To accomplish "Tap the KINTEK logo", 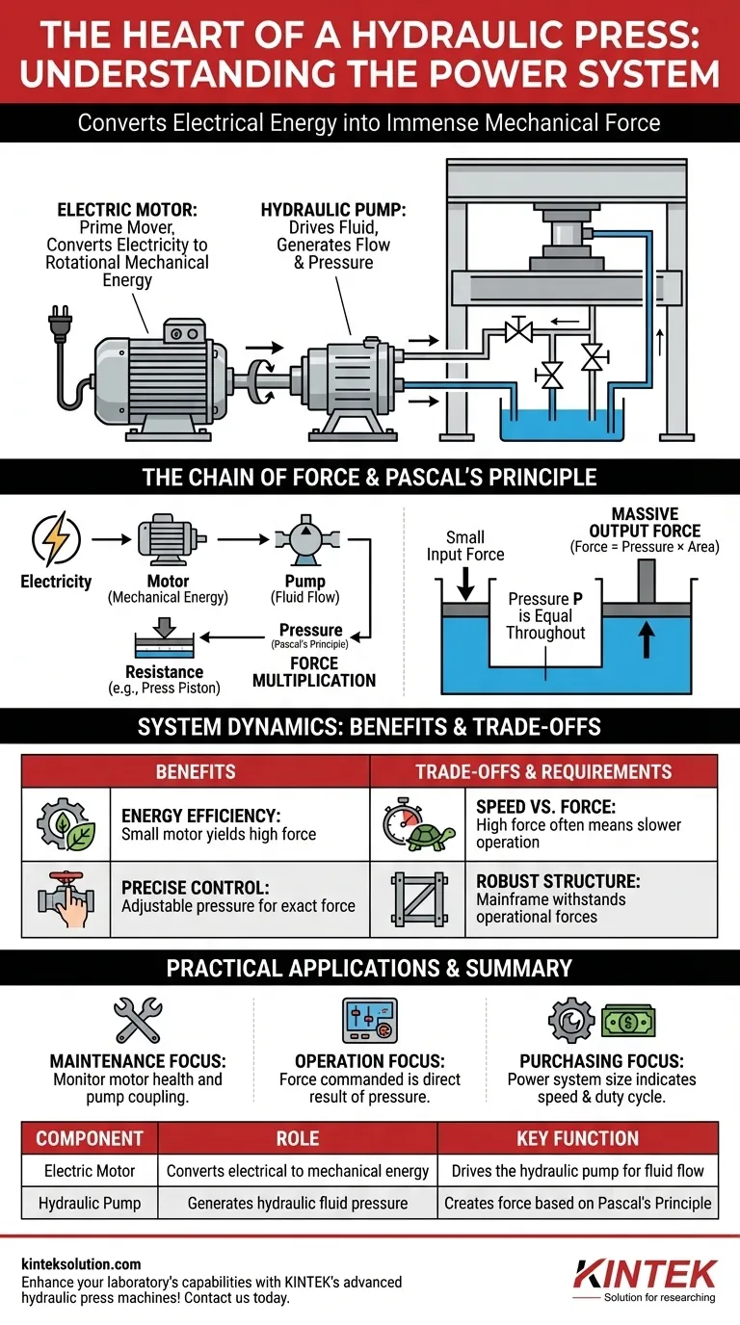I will click(x=645, y=1274).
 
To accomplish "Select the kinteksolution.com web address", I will click(x=80, y=1263).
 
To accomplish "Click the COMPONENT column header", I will click(x=90, y=1139).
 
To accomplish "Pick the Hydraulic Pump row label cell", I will click(x=90, y=1203).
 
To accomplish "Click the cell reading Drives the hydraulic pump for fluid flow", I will click(x=577, y=1171).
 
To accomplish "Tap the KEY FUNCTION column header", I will click(x=577, y=1139).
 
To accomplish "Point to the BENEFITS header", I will click(x=196, y=771).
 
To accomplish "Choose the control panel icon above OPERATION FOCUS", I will click(x=370, y=1019).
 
